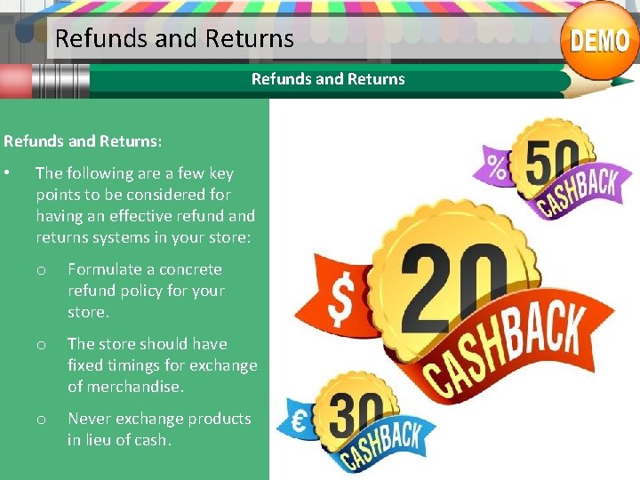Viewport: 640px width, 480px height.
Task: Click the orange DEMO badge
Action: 600,40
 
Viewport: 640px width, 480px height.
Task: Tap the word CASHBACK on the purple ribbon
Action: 579,195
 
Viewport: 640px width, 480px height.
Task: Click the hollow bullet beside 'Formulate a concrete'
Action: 41,269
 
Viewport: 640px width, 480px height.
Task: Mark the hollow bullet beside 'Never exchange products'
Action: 41,419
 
